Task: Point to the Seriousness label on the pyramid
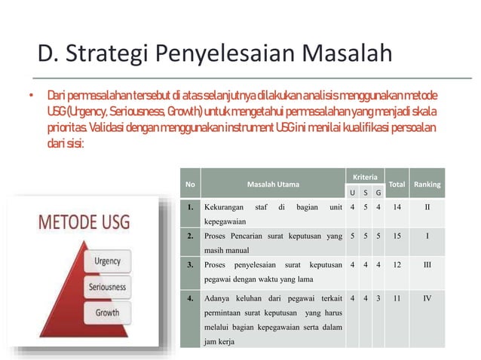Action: coord(106,287)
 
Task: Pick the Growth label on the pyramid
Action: coord(107,311)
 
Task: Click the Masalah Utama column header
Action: coord(272,184)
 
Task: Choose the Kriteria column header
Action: coord(365,175)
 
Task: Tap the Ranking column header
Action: coord(427,184)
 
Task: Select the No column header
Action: coord(190,184)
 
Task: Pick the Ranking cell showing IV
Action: coord(427,297)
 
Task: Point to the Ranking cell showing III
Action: coord(427,265)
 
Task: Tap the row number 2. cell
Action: coord(193,236)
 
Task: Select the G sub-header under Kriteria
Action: coord(377,193)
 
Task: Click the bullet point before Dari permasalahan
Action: coord(32,98)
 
